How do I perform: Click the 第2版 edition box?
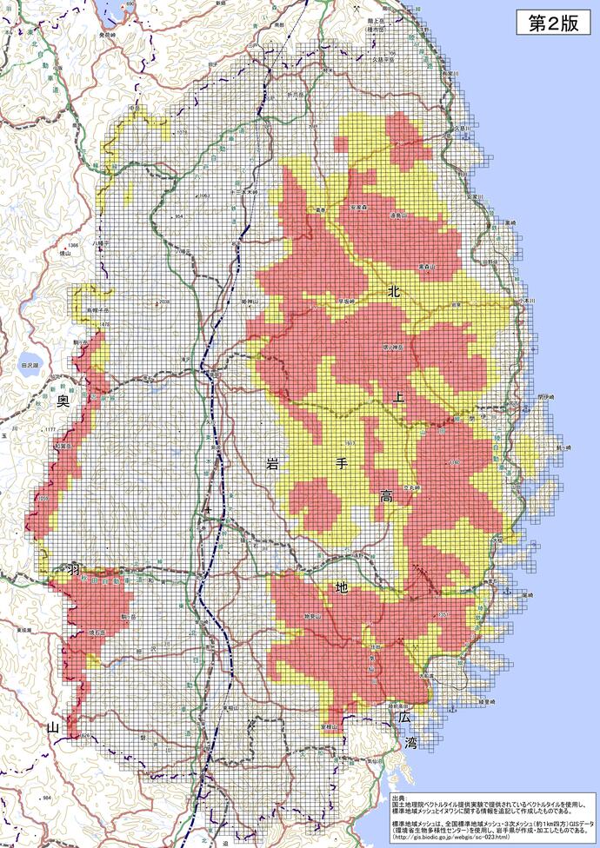point(553,24)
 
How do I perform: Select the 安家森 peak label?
point(360,208)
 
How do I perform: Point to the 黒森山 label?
point(425,266)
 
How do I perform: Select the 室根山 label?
point(330,726)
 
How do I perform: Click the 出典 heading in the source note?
point(399,796)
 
